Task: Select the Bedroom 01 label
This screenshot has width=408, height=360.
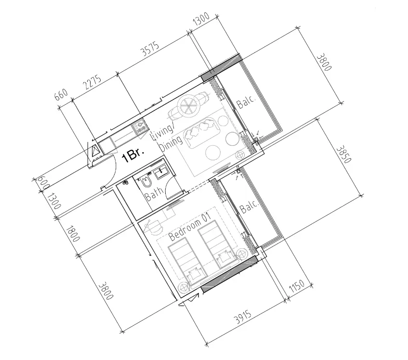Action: pyautogui.click(x=191, y=227)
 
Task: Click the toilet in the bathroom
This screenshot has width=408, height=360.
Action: pyautogui.click(x=146, y=182)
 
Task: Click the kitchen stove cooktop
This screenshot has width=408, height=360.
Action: pyautogui.click(x=141, y=127)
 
